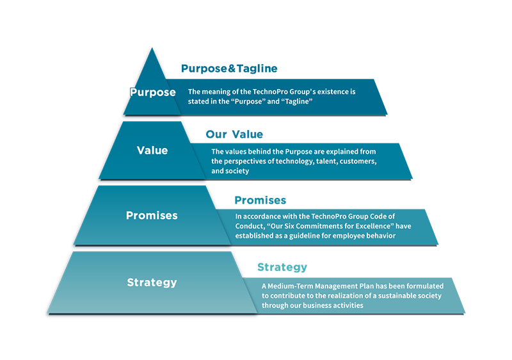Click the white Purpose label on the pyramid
(153, 92)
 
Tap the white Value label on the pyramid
(152, 151)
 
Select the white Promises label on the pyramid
(152, 215)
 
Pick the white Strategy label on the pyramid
(152, 282)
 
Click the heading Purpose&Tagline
(229, 69)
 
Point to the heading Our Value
(234, 135)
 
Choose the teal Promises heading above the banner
(260, 200)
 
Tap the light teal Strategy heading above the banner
(282, 267)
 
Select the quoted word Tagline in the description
(297, 102)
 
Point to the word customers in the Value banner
(358, 161)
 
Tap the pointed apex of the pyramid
(152, 48)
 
